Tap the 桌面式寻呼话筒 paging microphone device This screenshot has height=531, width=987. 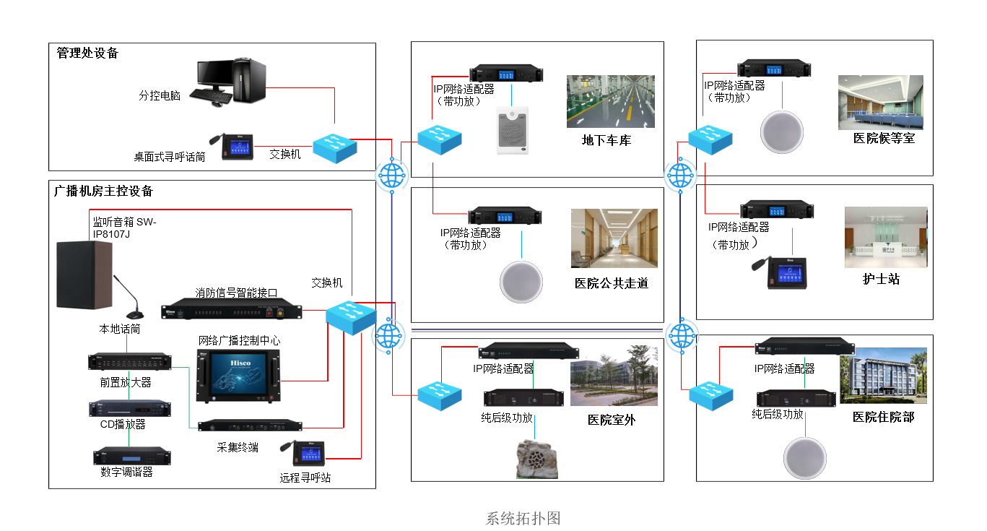(235, 145)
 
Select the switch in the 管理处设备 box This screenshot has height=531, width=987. (335, 147)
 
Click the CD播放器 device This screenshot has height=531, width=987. (129, 408)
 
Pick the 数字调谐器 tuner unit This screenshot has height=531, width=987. (131, 457)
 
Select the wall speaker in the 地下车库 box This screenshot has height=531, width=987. (513, 131)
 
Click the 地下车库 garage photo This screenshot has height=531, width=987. (610, 101)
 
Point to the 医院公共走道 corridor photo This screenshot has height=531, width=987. (614, 238)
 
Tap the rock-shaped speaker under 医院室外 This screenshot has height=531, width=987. (537, 459)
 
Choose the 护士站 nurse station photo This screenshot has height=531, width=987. (886, 237)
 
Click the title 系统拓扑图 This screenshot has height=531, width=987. (523, 518)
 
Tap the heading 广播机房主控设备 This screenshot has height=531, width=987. (104, 191)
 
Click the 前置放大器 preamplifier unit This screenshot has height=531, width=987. (128, 361)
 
